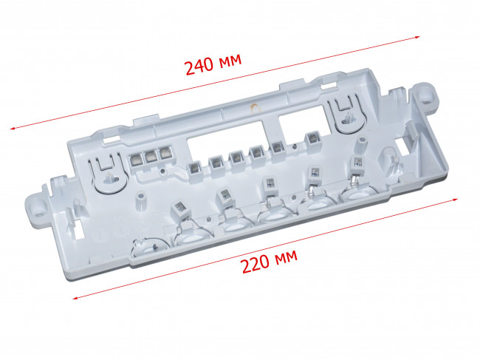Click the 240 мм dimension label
[213, 64]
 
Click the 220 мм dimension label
[270, 262]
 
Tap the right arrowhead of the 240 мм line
[417, 37]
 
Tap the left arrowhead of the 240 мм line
[13, 129]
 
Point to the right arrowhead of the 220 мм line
[455, 200]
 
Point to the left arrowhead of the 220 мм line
[75, 297]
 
